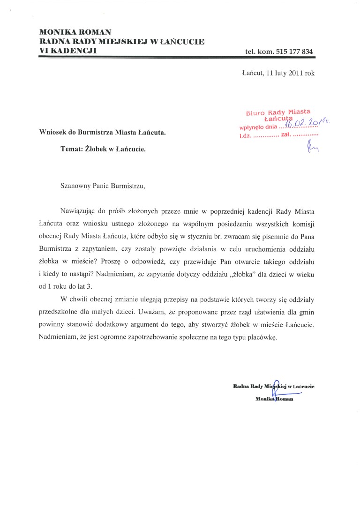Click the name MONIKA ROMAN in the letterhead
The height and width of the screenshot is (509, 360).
tap(75, 32)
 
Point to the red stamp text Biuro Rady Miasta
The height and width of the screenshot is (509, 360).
tap(278, 112)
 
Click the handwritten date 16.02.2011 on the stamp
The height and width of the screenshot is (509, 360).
tap(307, 123)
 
